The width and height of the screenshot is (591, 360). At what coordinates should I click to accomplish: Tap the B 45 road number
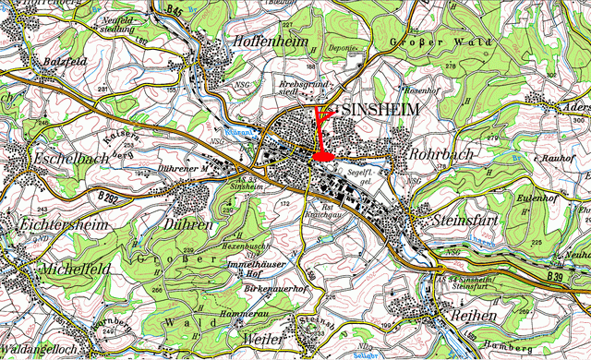pyautogui.click(x=175, y=8)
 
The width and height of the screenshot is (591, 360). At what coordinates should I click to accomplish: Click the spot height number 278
pyautogui.click(x=425, y=66)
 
